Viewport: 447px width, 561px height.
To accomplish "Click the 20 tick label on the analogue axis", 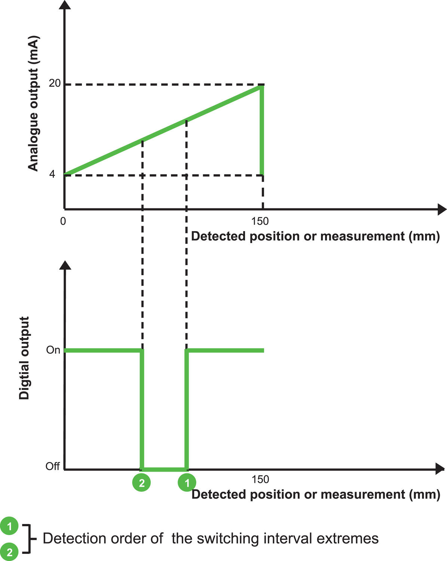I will coord(54,83).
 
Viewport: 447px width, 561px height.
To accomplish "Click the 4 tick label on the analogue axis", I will coord(52,174).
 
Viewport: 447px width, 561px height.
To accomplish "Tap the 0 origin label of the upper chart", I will coord(63,221).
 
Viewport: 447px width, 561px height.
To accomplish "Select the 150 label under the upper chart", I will coord(260,221).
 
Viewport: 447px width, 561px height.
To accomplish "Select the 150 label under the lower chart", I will coord(260,479).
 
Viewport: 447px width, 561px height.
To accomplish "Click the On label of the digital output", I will coord(53,350).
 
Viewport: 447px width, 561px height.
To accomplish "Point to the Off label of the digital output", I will coord(52,466).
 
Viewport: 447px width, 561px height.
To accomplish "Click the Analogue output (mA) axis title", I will coord(33,104).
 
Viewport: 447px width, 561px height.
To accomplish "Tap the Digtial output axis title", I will coord(24,358).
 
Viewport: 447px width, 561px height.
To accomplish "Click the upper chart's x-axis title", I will coord(315,236).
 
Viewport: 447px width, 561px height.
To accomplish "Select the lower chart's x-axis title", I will coord(315,494).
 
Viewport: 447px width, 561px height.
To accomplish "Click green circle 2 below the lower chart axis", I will coord(141,482).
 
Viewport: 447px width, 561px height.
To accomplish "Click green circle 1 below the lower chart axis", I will coord(187,482).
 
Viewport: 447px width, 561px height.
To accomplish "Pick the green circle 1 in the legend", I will coord(9,527).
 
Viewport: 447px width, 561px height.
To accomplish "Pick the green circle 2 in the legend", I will coord(9,552).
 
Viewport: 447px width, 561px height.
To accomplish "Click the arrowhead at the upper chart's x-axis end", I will coord(442,209).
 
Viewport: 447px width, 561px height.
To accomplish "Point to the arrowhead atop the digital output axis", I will coord(65,265).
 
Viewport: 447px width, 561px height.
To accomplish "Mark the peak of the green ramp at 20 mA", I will coord(262,87).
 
